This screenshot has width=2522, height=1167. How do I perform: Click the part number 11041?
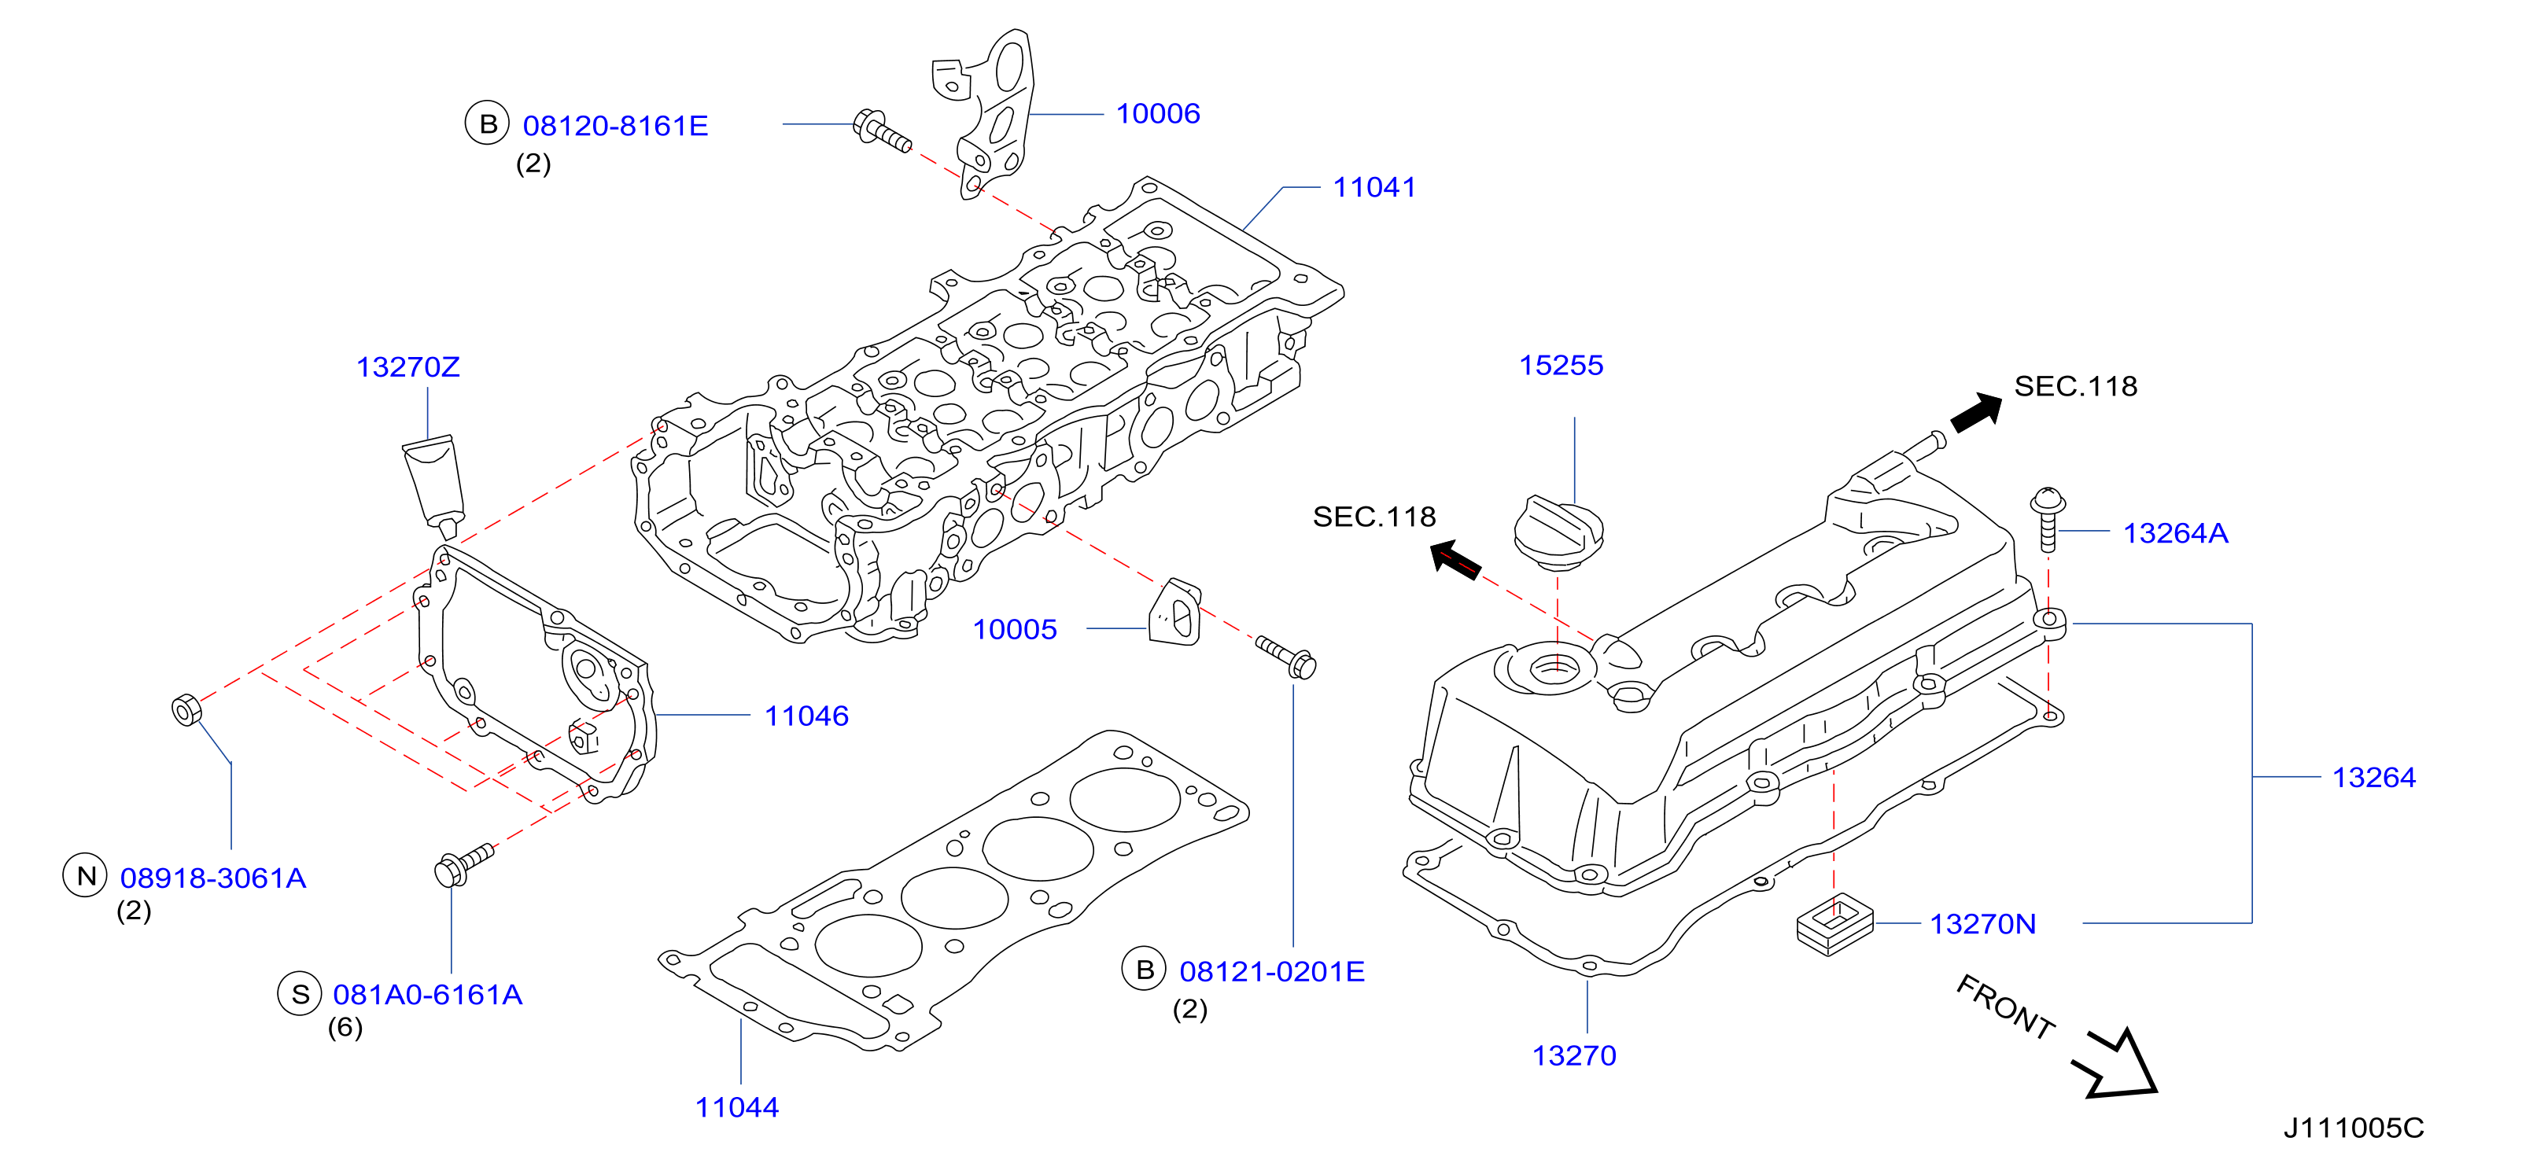click(x=1373, y=187)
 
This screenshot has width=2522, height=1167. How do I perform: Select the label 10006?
click(x=1157, y=113)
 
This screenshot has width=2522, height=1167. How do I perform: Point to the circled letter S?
click(x=300, y=994)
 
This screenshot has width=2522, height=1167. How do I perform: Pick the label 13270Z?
click(x=407, y=367)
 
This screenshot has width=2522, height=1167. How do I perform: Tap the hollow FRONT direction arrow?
click(x=2118, y=1066)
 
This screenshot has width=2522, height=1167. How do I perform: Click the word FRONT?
click(x=2005, y=1007)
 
